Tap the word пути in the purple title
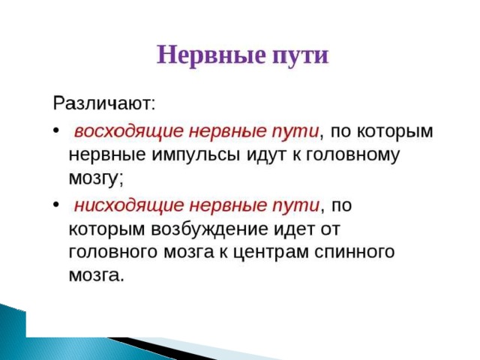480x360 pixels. click(301, 56)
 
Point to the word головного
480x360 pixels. click(113, 253)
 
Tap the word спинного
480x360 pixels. click(355, 252)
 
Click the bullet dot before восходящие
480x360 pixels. click(55, 130)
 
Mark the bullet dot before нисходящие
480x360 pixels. click(55, 204)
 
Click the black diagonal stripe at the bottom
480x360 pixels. click(159, 348)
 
